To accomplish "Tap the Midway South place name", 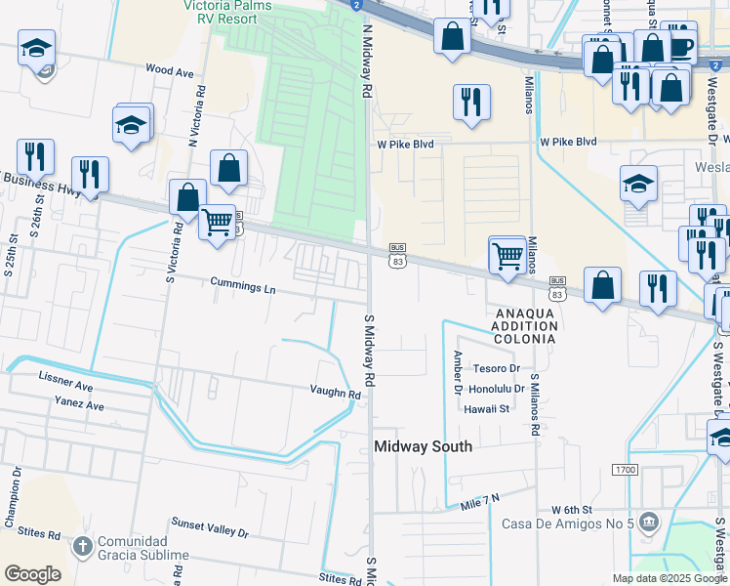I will tap(424, 446).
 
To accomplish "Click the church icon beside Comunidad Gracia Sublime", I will tap(83, 546).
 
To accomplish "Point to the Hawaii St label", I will tap(487, 409).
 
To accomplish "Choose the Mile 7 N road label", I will tap(480, 500).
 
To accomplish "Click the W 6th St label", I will tap(571, 510).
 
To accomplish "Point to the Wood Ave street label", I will tap(169, 70).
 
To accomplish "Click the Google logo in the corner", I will tap(32, 574).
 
